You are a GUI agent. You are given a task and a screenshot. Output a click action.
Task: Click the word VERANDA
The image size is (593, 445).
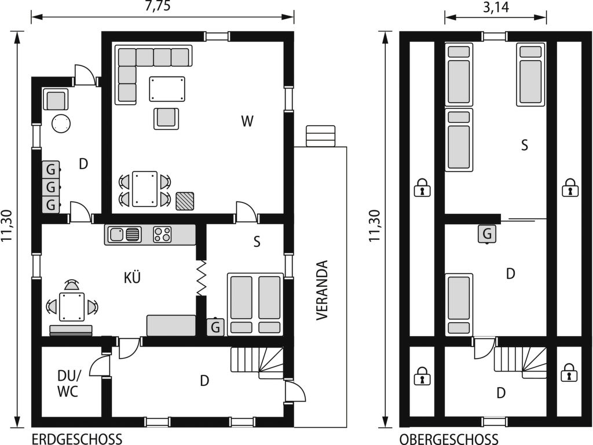pyautogui.click(x=321, y=290)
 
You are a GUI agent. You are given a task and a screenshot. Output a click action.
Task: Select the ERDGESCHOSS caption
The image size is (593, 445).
pyautogui.click(x=77, y=439)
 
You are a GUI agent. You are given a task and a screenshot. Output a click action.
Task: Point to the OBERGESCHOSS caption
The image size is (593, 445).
pyautogui.click(x=449, y=439)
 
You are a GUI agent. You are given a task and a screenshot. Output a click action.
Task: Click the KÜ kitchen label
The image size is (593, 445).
pyautogui.click(x=132, y=278)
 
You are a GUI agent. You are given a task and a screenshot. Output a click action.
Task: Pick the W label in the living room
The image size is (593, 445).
pyautogui.click(x=247, y=121)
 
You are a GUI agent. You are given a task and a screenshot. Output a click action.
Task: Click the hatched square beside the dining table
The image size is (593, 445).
pyautogui.click(x=185, y=201)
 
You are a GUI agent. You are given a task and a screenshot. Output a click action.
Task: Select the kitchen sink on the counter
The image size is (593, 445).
pyautogui.click(x=125, y=234)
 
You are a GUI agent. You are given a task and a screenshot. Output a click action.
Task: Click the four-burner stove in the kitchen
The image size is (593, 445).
pyautogui.click(x=163, y=234)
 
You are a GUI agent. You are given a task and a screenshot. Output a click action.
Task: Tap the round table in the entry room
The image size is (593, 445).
pyautogui.click(x=61, y=123)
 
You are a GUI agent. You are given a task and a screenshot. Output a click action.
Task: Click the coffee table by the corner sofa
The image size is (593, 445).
pyautogui.click(x=167, y=89)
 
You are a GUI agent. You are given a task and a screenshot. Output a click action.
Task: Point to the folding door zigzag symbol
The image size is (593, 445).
pyautogui.click(x=201, y=278)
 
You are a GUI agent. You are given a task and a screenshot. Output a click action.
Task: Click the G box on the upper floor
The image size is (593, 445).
pyautogui.click(x=487, y=234)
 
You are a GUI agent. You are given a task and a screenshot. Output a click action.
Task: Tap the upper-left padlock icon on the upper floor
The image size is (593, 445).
pyautogui.click(x=422, y=187)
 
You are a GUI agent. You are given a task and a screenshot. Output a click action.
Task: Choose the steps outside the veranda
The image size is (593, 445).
pyautogui.click(x=321, y=136)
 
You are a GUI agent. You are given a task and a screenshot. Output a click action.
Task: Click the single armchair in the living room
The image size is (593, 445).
pyautogui.click(x=166, y=118)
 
